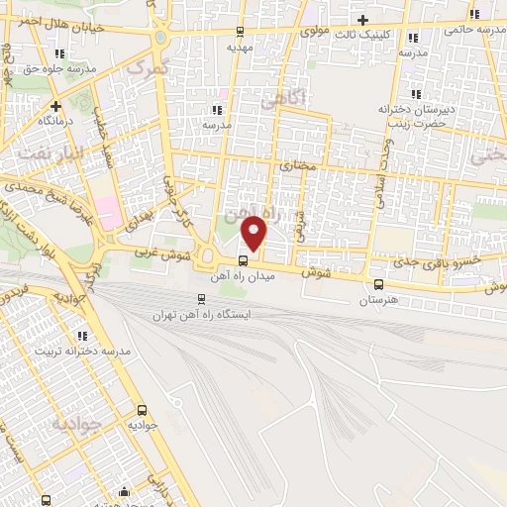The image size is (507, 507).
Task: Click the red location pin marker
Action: click(x=254, y=232)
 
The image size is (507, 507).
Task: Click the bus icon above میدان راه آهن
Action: click(x=243, y=258)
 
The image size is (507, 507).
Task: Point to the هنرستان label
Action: click(x=378, y=298)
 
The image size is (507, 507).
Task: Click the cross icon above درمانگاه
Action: click(x=56, y=104)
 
